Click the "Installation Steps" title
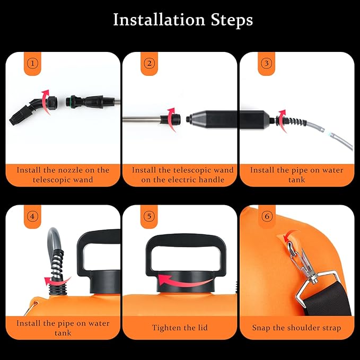(183, 20)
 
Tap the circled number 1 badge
(33, 64)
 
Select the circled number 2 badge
(150, 64)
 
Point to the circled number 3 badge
(267, 64)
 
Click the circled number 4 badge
(33, 216)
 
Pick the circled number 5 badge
(150, 216)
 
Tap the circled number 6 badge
(267, 216)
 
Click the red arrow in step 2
(171, 117)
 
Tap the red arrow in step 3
(282, 117)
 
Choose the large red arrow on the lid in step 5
(180, 280)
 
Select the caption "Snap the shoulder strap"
(296, 328)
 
